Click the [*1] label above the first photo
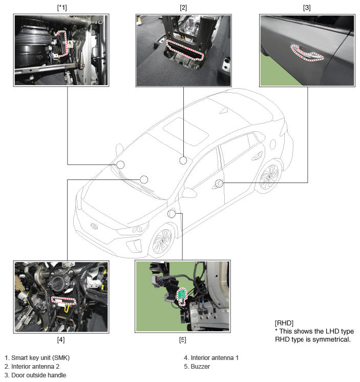(x=62, y=8)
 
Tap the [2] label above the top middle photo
(x=183, y=8)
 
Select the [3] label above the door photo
(x=307, y=8)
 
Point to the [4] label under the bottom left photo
(x=61, y=339)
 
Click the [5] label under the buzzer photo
(x=183, y=339)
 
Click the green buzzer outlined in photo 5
(x=181, y=295)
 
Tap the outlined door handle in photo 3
(x=307, y=53)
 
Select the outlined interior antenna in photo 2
(x=184, y=50)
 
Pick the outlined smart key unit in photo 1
(x=61, y=44)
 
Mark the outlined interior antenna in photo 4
(x=63, y=300)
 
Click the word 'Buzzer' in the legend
(x=200, y=367)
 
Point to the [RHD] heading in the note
(x=284, y=323)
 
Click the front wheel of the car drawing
(x=162, y=241)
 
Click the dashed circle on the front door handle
(x=219, y=183)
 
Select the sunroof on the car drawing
(x=185, y=132)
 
